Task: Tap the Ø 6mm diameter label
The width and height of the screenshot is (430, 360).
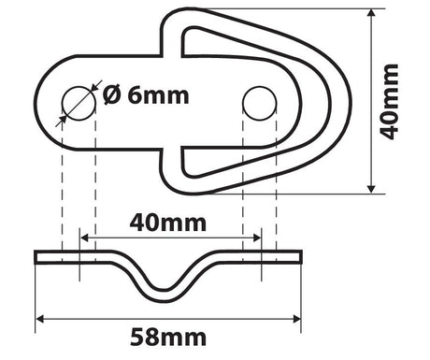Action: tap(146, 95)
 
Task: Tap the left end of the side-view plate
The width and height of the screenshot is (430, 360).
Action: tap(37, 257)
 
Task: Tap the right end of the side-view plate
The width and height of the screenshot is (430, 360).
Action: tap(300, 257)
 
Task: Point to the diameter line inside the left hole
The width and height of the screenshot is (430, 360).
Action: tap(79, 103)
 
